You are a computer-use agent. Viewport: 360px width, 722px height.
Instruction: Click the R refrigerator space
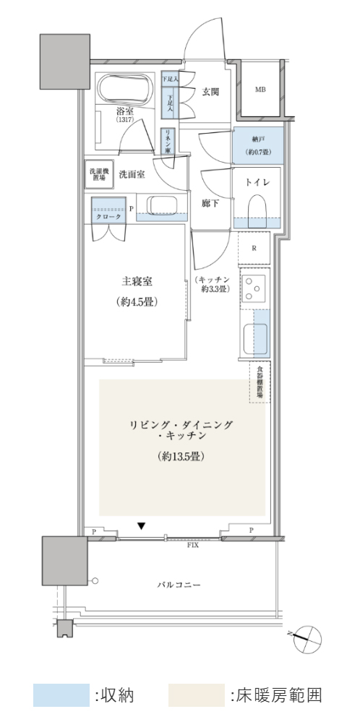254,248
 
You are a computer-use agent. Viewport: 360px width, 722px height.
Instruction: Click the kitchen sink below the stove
254,336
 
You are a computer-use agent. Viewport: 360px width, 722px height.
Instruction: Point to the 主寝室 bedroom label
137,281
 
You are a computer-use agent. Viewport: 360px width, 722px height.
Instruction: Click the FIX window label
193,544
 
